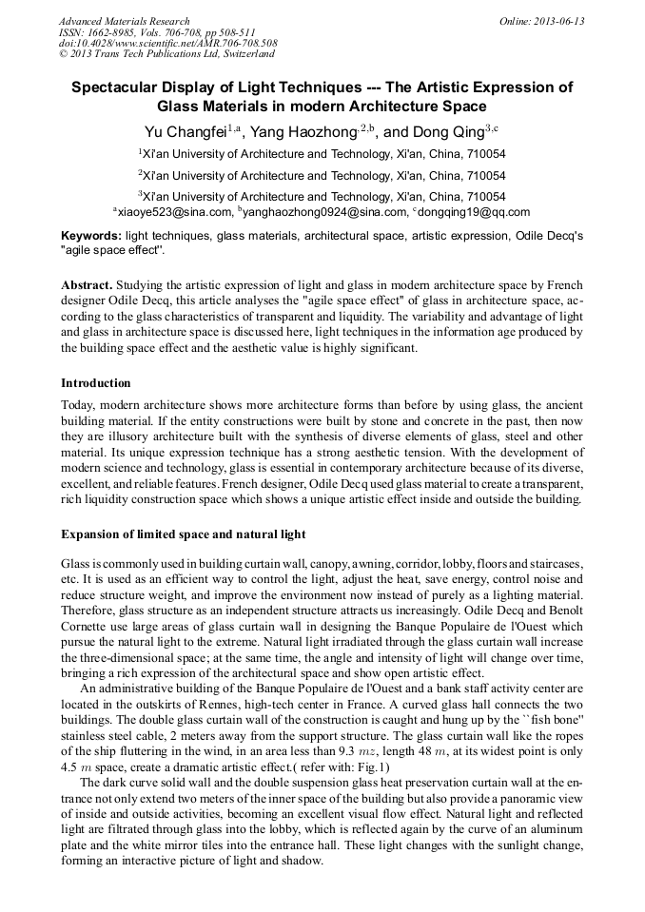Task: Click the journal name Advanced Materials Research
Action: point(124,21)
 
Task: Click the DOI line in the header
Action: point(167,43)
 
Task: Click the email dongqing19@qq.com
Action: point(472,213)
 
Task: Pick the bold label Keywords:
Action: point(91,235)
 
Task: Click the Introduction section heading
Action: point(96,383)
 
